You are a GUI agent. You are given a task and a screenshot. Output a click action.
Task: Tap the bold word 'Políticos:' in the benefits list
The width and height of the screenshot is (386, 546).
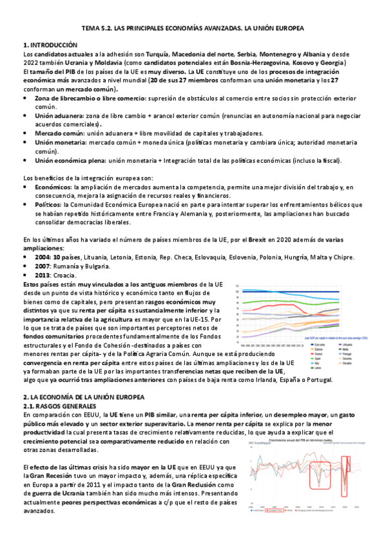[50, 204]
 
